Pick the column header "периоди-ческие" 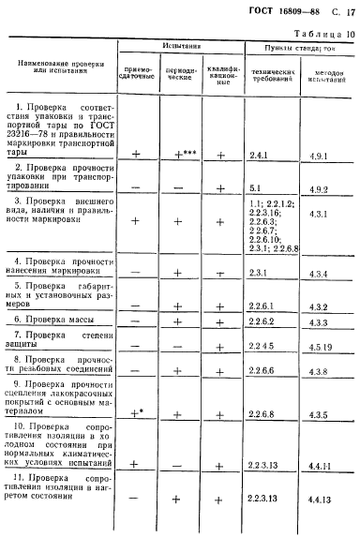pyautogui.click(x=178, y=73)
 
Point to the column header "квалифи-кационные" pyautogui.click(x=220, y=73)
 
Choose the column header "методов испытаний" pyautogui.click(x=324, y=74)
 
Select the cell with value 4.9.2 pyautogui.click(x=321, y=188)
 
